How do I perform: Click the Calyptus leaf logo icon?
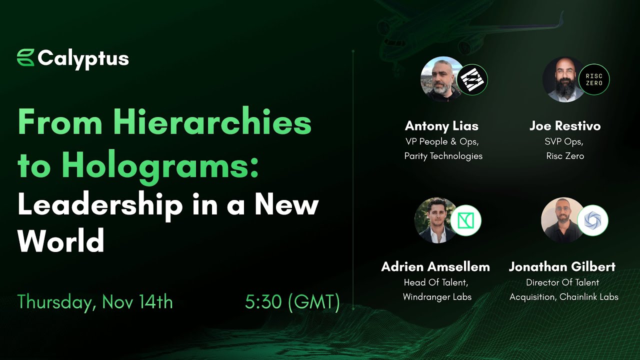(x=25, y=57)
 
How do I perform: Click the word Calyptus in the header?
(x=83, y=59)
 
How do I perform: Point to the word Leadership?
(x=100, y=205)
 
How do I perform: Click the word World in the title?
(x=61, y=241)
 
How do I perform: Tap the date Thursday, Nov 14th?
(x=95, y=302)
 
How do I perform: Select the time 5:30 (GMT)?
(x=292, y=302)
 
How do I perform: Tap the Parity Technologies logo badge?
(x=472, y=79)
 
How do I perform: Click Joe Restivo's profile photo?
(x=564, y=79)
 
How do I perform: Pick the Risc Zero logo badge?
(x=594, y=79)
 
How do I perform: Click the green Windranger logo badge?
(x=465, y=220)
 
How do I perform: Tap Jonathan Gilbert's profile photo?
(x=562, y=220)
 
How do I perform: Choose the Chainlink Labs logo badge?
(x=592, y=220)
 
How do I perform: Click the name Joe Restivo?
(x=565, y=126)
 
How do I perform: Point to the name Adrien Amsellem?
(x=435, y=266)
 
